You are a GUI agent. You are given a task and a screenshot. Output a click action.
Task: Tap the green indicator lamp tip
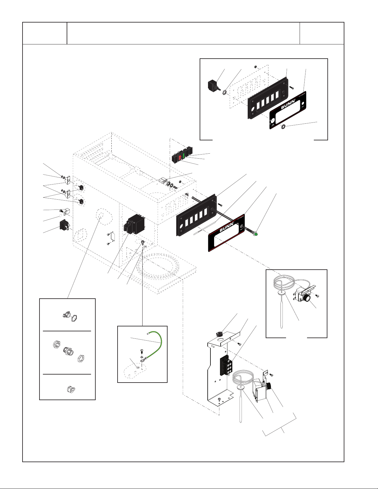255,235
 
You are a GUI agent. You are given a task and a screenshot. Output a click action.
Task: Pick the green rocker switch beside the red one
183,155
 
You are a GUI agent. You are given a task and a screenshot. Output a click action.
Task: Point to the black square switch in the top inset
212,85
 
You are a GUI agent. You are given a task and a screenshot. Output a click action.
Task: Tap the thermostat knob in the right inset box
306,298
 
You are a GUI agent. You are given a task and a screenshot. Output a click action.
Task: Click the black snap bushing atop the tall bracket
219,334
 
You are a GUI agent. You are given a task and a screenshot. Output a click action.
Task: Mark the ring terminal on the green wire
142,359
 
